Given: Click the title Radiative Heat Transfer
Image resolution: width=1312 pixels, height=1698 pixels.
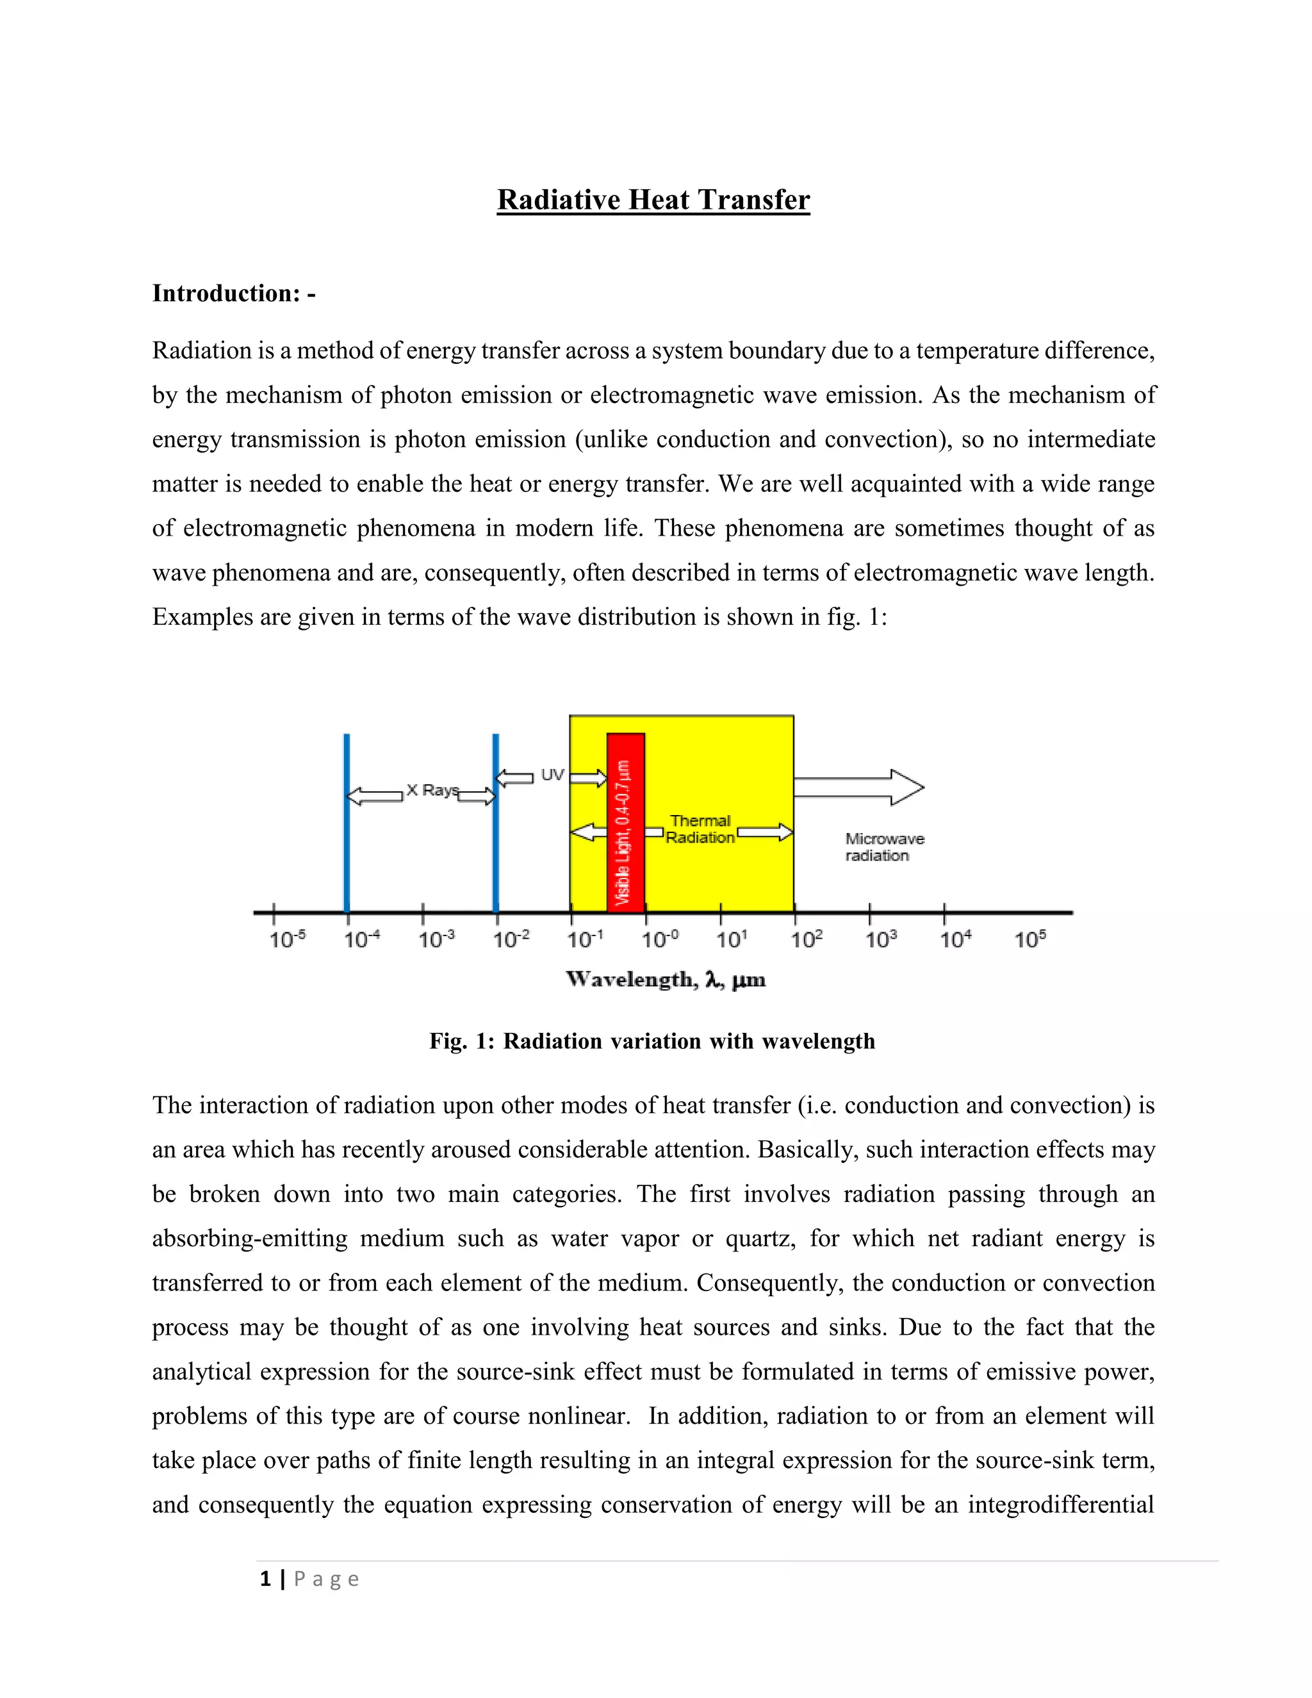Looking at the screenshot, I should pos(653,200).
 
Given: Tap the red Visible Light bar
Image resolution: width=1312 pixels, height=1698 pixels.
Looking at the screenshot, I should pos(626,823).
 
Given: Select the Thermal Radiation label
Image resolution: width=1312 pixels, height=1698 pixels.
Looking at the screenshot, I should pos(700,828).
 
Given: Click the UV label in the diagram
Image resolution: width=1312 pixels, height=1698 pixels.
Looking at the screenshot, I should pos(552,775).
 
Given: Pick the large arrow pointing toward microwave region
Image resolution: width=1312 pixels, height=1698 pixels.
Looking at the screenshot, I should pos(859,787).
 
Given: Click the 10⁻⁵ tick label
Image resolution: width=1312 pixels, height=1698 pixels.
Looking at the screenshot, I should pos(288,939).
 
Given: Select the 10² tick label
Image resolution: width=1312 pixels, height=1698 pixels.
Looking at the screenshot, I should pos(806,939).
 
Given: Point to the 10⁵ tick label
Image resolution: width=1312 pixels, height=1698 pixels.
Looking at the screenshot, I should pos(1030,939).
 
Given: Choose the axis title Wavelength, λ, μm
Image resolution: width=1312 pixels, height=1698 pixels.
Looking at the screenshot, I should pos(666,980).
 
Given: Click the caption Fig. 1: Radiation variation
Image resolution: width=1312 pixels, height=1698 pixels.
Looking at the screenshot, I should pos(652,1041).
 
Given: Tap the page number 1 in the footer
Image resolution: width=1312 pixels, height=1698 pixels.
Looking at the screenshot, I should pos(266,1579).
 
